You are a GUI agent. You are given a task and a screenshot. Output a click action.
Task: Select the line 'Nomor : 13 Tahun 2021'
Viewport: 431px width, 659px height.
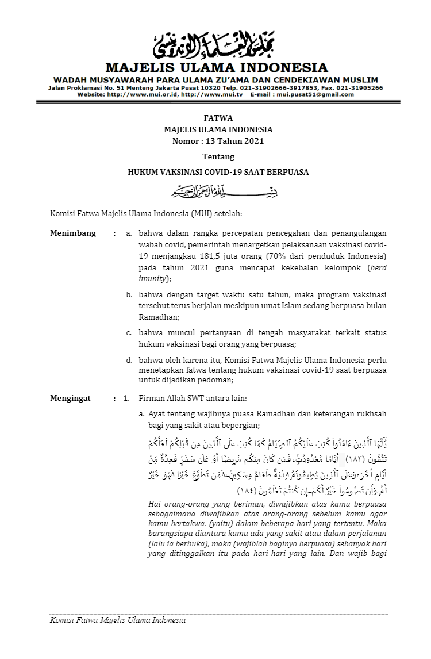(x=218, y=141)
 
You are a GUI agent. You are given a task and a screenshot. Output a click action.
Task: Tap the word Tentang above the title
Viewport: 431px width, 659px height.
(x=218, y=156)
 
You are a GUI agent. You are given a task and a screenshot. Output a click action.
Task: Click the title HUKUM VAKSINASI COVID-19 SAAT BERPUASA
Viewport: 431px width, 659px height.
(x=218, y=171)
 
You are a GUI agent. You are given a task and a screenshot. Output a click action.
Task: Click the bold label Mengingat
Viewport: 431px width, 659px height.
(x=71, y=398)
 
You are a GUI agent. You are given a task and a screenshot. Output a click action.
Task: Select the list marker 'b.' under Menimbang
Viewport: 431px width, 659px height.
(x=130, y=295)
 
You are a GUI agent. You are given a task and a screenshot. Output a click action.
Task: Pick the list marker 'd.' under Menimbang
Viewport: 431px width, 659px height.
(x=130, y=360)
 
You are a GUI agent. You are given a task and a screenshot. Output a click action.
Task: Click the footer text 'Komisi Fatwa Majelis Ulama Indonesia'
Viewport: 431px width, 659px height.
(x=118, y=620)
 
